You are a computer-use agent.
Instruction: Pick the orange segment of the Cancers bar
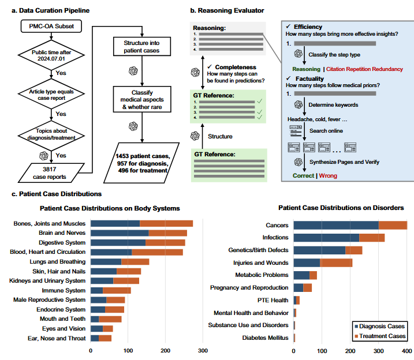(x=393, y=225)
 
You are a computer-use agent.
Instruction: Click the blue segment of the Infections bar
(x=326, y=237)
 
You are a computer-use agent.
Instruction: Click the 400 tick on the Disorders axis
(x=406, y=350)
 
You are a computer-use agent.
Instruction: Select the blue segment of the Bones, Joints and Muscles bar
(x=115, y=223)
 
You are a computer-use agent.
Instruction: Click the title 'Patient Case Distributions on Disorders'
(x=341, y=208)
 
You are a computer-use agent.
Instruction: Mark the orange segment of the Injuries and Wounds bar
(x=336, y=262)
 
